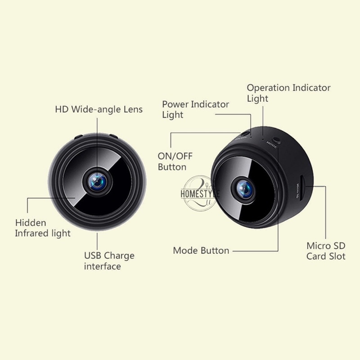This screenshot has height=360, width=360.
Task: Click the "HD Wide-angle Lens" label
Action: [99, 109]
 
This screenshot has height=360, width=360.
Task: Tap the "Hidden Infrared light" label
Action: [43, 228]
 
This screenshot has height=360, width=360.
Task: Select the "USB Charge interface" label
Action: [109, 261]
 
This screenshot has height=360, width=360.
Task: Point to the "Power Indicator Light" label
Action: [195, 109]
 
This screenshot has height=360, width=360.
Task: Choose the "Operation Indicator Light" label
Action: [288, 93]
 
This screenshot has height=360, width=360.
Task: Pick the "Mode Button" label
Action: [201, 251]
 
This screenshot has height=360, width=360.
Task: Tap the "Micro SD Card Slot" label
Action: [326, 251]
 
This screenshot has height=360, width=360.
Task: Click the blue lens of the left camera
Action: [98, 180]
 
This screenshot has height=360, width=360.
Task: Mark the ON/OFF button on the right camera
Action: [245, 133]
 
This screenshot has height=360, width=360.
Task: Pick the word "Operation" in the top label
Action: [268, 88]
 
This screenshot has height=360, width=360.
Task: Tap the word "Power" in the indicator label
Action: [175, 104]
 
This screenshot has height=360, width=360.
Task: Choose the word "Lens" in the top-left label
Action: [132, 109]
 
